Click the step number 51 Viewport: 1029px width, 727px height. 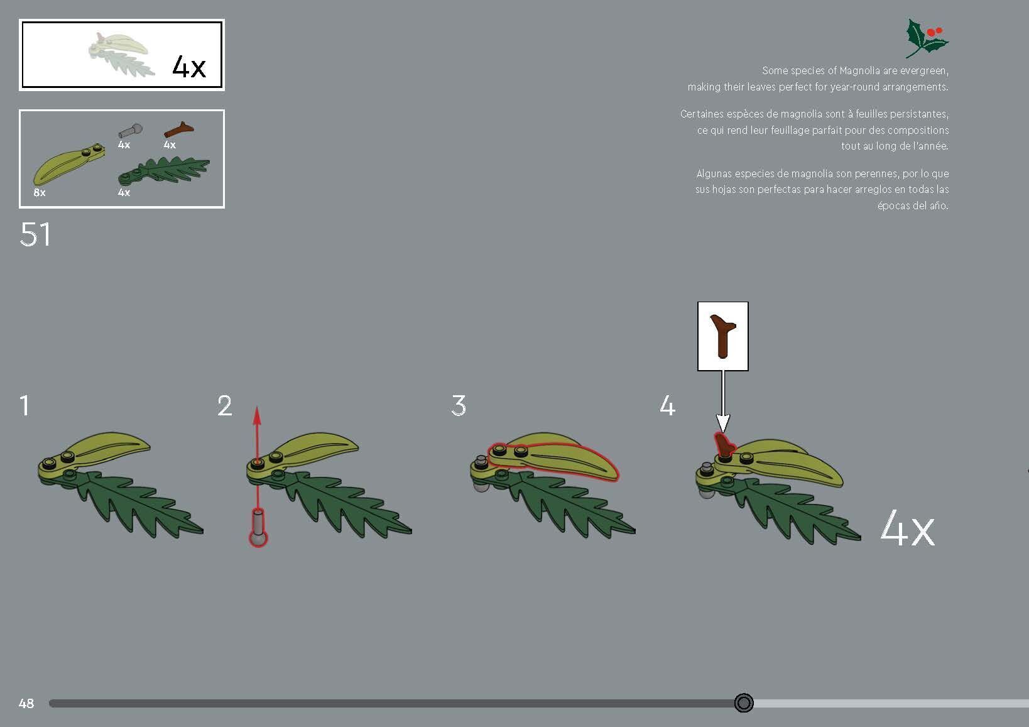click(35, 235)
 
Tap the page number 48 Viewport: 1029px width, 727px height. click(26, 704)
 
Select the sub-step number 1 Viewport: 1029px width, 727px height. click(24, 405)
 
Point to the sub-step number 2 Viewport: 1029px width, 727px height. click(225, 406)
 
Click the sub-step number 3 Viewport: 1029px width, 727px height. click(459, 406)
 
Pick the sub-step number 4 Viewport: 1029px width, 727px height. click(667, 406)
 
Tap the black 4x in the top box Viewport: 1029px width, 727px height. click(188, 66)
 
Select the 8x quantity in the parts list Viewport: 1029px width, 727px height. click(40, 193)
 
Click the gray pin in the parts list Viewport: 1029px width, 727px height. click(130, 131)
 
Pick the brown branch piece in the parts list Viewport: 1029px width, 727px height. click(178, 129)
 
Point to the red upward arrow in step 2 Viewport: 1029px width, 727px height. click(256, 434)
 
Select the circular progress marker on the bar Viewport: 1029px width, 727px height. click(744, 703)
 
